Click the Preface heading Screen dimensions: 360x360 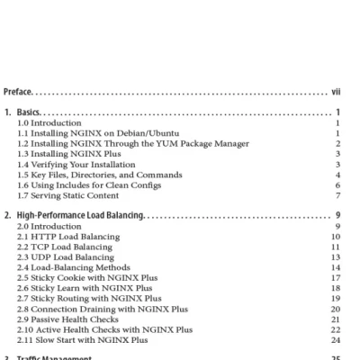click(x=19, y=92)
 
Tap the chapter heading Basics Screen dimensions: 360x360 click(x=34, y=112)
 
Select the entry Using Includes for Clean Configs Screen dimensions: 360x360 click(x=89, y=185)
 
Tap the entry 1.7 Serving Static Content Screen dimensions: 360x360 click(x=67, y=195)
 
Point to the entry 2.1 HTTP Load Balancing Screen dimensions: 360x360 click(x=65, y=237)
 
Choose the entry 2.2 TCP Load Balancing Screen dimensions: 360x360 click(x=64, y=247)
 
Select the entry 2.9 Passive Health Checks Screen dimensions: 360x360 click(x=67, y=319)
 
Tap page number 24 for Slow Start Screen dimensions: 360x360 click(x=335, y=340)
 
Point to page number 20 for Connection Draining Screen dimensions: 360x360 click(x=335, y=309)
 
